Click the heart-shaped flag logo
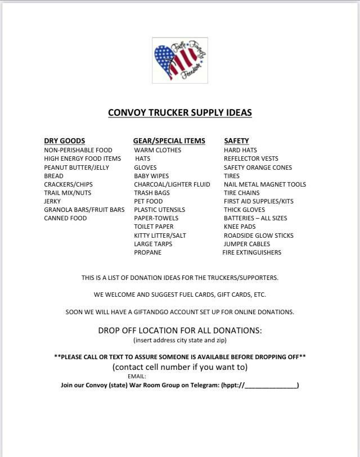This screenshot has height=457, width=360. click(x=179, y=61)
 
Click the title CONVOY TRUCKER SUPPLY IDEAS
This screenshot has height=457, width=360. click(x=179, y=113)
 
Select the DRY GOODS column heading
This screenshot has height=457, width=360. click(x=65, y=141)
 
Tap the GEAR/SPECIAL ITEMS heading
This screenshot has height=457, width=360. click(x=169, y=141)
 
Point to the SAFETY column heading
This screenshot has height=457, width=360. click(x=236, y=141)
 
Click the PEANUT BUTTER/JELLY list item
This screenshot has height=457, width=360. click(x=76, y=168)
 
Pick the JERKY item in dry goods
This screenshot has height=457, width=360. click(x=52, y=201)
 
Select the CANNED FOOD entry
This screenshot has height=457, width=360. click(x=65, y=218)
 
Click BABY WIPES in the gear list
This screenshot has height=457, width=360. click(x=151, y=176)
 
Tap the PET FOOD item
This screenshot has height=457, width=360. click(x=148, y=201)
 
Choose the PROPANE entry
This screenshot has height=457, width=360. click(x=147, y=252)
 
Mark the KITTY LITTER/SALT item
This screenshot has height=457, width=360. click(x=160, y=236)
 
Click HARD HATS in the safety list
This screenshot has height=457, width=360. click(x=240, y=150)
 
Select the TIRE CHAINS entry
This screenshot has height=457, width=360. click(x=241, y=193)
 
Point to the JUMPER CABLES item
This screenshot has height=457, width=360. click(x=246, y=244)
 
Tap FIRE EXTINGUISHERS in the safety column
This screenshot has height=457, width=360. click(x=251, y=252)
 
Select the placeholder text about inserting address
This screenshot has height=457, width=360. click(x=179, y=341)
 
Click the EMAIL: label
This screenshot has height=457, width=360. click(x=137, y=377)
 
